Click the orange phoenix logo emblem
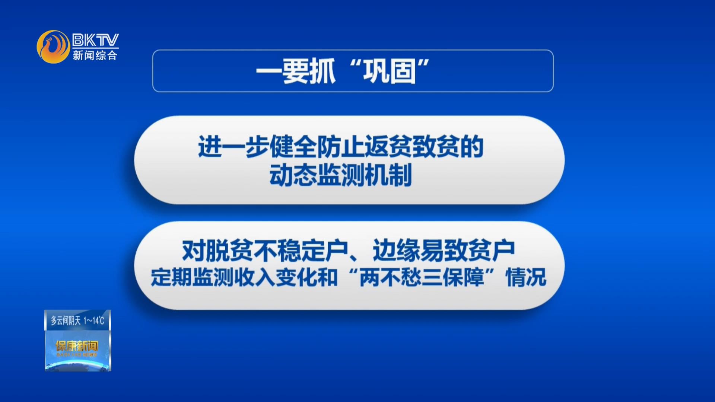54,47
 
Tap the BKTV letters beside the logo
95,40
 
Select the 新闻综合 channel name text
95,55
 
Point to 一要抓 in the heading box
296,71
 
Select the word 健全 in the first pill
293,147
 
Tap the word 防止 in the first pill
341,147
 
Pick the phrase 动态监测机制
341,175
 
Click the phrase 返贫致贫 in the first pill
412,147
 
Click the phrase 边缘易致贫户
444,251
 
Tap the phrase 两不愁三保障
422,277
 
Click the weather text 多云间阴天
66,320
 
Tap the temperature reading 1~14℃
94,320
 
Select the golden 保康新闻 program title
77,346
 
